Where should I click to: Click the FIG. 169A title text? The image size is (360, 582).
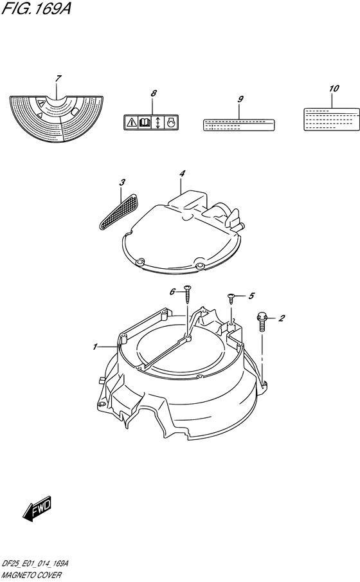[x=36, y=8]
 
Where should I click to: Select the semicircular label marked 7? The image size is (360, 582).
[x=56, y=118]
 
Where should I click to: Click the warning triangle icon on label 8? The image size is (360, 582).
[x=130, y=122]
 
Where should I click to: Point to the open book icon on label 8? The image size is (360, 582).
[x=143, y=122]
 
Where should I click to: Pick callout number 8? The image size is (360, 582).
[x=154, y=93]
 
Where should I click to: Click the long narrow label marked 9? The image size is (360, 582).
[x=239, y=125]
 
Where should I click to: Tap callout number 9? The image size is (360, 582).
[x=240, y=99]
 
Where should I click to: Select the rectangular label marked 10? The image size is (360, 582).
[x=332, y=119]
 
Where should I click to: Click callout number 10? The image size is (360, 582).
[x=334, y=89]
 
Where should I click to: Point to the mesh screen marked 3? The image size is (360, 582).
[x=119, y=211]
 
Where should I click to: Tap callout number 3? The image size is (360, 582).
[x=122, y=182]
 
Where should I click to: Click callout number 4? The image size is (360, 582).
[x=181, y=174]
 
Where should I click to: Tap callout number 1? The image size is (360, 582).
[x=95, y=347]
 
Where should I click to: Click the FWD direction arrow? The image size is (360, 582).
[x=37, y=506]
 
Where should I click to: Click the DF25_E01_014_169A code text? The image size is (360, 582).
[x=35, y=564]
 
